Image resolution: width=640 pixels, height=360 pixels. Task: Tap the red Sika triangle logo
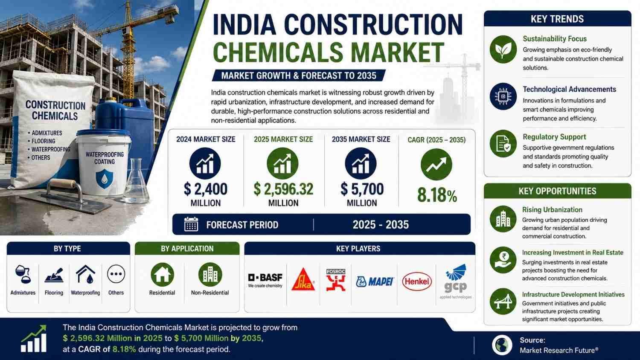click(303, 280)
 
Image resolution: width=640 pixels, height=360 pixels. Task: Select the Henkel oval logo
click(417, 282)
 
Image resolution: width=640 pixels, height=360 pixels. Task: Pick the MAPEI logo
click(375, 282)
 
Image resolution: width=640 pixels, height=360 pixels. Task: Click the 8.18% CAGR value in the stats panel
click(437, 195)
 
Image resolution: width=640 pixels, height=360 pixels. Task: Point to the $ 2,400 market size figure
click(205, 189)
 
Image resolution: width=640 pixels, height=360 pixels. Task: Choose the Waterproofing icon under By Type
click(85, 274)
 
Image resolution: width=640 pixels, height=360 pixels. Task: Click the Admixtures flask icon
click(23, 274)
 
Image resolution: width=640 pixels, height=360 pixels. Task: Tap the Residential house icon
click(162, 275)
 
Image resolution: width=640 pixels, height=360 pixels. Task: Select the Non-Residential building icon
click(210, 275)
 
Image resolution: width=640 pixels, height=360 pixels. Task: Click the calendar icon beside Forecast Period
click(191, 224)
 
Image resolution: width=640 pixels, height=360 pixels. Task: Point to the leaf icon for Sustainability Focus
click(503, 49)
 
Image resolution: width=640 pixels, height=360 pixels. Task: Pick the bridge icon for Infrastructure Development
click(503, 302)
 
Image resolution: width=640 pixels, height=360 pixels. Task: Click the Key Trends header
click(557, 19)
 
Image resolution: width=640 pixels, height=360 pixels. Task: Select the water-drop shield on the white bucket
click(104, 179)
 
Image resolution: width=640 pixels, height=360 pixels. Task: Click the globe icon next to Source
click(502, 345)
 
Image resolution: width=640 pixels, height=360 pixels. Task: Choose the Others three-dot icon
click(116, 274)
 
